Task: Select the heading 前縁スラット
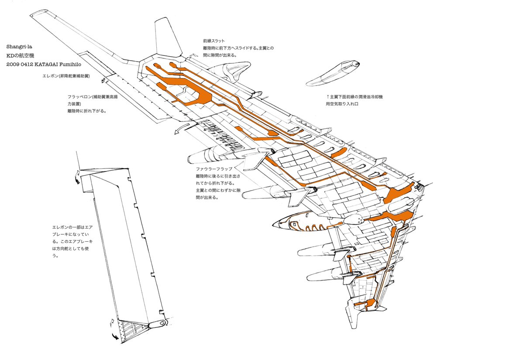(x=210, y=41)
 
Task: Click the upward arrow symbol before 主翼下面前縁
(x=327, y=97)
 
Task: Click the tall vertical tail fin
(x=168, y=39)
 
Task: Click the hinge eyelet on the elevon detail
(x=158, y=323)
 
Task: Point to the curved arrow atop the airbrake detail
(x=78, y=178)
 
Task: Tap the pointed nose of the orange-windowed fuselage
(x=274, y=224)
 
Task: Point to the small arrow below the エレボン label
(x=103, y=80)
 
